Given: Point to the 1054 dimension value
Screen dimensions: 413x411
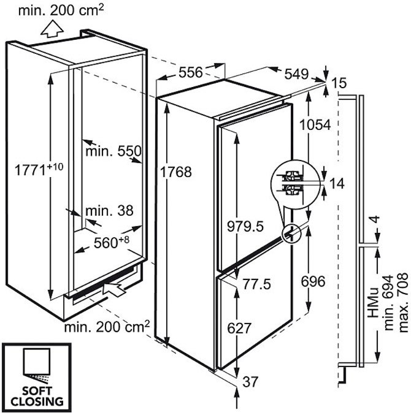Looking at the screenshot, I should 315,124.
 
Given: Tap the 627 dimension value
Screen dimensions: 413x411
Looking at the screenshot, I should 239,328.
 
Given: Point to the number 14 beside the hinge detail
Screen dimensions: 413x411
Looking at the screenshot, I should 336,183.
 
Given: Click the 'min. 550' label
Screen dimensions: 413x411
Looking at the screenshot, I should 113,151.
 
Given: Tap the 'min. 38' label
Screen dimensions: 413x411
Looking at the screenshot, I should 109,211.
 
